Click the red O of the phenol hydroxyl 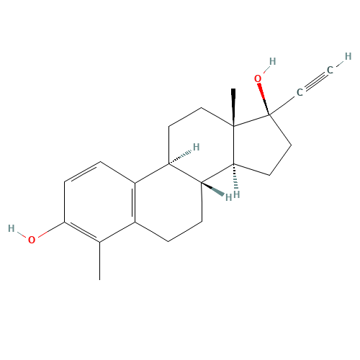pos(32,240)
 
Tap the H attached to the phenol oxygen pos(12,228)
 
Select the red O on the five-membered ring pos(258,78)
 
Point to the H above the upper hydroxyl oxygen pos(272,61)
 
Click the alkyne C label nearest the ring pos(300,92)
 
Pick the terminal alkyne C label pos(330,70)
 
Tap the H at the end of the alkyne pos(348,57)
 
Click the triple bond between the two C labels pos(315,81)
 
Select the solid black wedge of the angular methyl pos(233,107)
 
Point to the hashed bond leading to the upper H pos(180,158)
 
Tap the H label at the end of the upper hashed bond pos(197,147)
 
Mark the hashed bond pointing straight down pos(235,177)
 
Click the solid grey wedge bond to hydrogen pos(213,189)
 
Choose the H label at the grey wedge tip pos(228,197)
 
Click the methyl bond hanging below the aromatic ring pos(99,261)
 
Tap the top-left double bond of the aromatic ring pos(82,171)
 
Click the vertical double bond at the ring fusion pos(134,203)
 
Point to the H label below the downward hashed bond pos(237,194)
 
